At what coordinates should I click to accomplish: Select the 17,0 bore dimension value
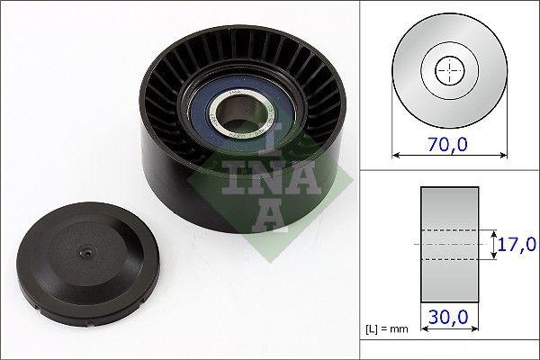(517, 244)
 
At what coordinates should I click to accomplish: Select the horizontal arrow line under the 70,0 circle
(446, 155)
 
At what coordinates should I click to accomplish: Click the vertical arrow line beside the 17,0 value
(493, 244)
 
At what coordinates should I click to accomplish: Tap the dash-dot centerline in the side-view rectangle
(447, 244)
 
